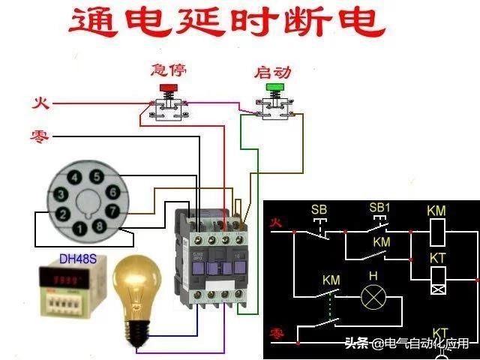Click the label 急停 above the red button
pos(168,70)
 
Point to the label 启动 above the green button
pos(273,72)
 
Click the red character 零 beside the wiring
pos(40,136)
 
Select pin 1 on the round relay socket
pos(79,228)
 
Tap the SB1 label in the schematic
pos(379,207)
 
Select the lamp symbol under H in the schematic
pos(373,298)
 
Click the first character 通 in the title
pos(92,23)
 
